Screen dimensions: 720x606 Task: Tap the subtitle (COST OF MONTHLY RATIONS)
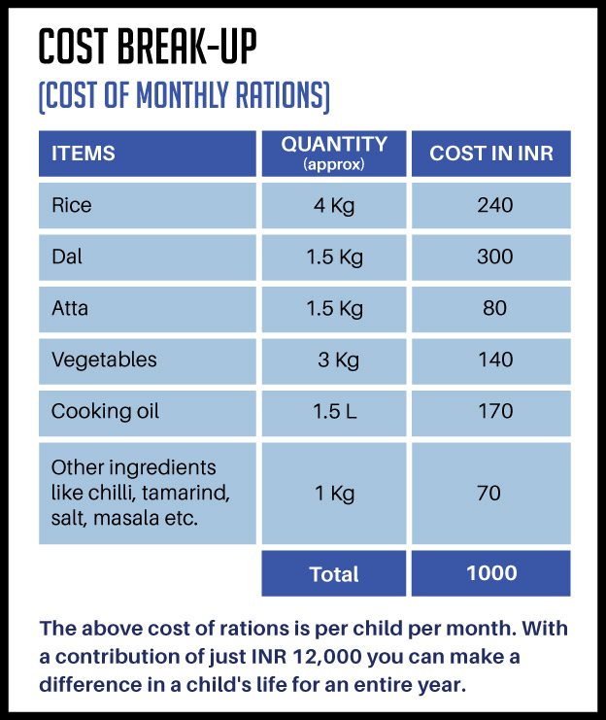point(184,96)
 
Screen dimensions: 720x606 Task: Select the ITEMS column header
point(84,154)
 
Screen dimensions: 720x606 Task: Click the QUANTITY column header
point(334,153)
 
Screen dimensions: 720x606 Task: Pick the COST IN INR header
point(491,154)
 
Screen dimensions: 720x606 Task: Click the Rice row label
point(71,206)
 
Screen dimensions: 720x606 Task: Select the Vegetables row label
point(104,360)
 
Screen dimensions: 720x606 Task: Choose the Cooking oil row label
point(105,412)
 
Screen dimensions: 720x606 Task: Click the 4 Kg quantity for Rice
point(334,206)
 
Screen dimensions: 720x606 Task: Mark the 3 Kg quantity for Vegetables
point(338,360)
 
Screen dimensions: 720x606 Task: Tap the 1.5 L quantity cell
point(335,412)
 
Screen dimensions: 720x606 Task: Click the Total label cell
point(334,574)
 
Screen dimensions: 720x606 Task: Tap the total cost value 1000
point(491,573)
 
